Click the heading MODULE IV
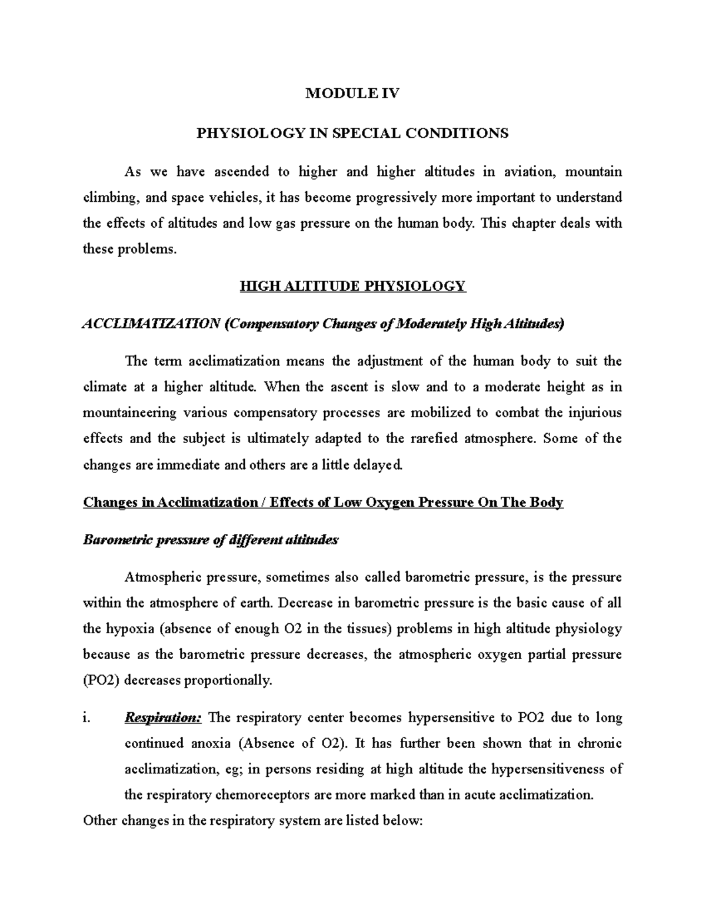[x=352, y=93]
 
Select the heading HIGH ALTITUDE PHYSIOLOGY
[x=352, y=287]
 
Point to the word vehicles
[x=231, y=198]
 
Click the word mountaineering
[x=129, y=413]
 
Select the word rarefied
[x=432, y=439]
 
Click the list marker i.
[x=87, y=718]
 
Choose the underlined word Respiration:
[x=163, y=718]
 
